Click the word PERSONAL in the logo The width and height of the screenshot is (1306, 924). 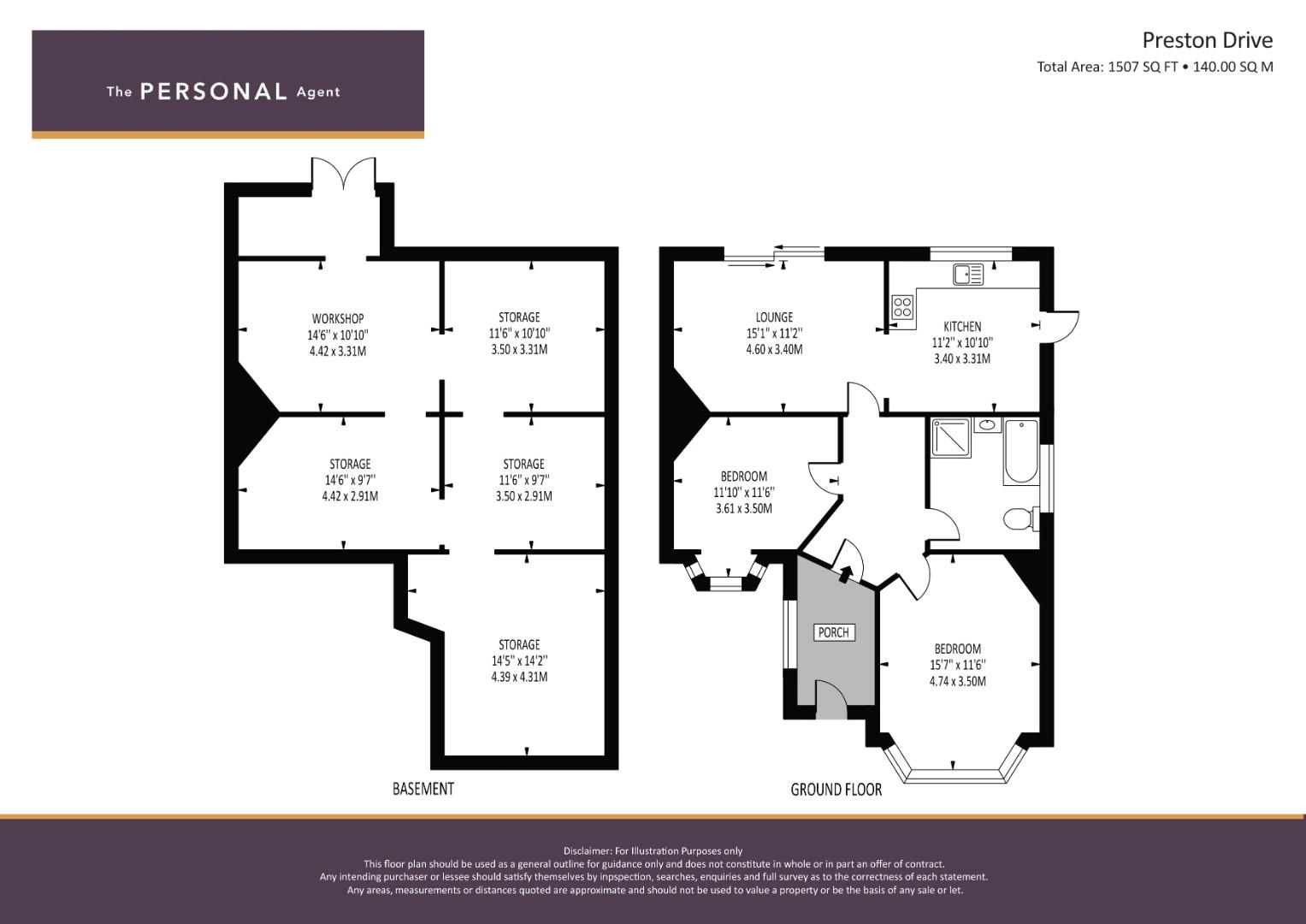tap(214, 92)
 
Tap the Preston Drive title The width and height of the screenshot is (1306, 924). tap(1208, 40)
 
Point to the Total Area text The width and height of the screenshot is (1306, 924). tap(1155, 67)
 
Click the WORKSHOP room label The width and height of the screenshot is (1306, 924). tap(338, 318)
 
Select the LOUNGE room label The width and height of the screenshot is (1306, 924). tap(774, 317)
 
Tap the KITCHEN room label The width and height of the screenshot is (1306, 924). tap(962, 326)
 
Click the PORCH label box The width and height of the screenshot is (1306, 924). tap(834, 632)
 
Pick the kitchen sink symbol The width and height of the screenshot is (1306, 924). tap(968, 274)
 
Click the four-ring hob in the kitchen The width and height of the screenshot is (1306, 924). tap(902, 307)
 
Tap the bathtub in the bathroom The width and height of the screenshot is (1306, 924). tap(1021, 452)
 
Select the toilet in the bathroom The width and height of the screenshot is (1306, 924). tap(1021, 518)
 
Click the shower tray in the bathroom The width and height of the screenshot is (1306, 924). tap(951, 437)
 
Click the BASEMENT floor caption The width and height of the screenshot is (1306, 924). tap(423, 789)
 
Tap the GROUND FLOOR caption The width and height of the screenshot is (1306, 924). tap(836, 789)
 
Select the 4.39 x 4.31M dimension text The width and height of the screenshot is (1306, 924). tap(519, 677)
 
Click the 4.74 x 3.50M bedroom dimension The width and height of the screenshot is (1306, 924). tap(958, 681)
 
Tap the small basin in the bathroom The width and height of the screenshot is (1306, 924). tap(987, 424)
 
